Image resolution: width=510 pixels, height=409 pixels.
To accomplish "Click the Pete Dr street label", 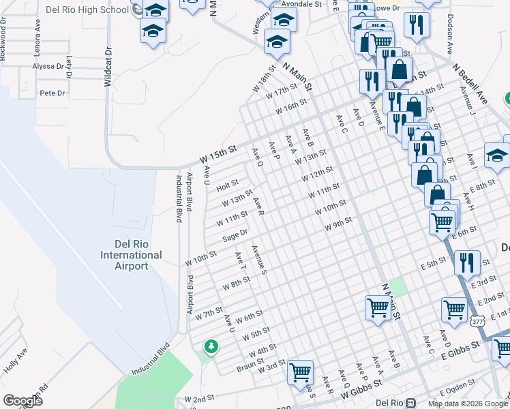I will click(x=52, y=93).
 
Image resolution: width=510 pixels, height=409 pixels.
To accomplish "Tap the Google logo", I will click(x=22, y=400).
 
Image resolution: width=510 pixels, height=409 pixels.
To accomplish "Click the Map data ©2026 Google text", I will click(x=468, y=404).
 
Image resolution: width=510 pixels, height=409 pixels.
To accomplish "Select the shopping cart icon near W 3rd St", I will click(x=300, y=372).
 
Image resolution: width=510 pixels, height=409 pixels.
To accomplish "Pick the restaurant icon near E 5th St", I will click(x=467, y=262).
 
